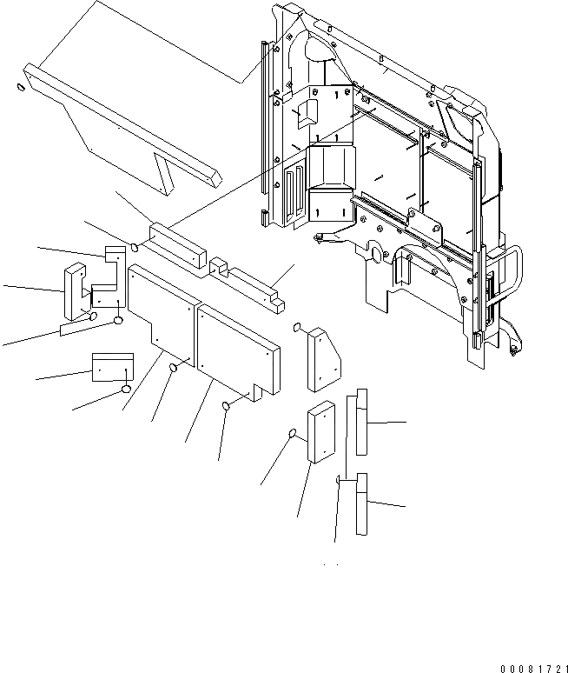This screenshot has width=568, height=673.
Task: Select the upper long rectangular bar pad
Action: [x=179, y=243]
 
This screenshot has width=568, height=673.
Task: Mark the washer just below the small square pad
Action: [x=127, y=390]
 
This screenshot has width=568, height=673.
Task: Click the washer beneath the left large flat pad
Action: [x=173, y=370]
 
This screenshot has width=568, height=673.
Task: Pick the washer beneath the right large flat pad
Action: [x=227, y=405]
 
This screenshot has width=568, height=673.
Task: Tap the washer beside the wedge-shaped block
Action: [x=297, y=329]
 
